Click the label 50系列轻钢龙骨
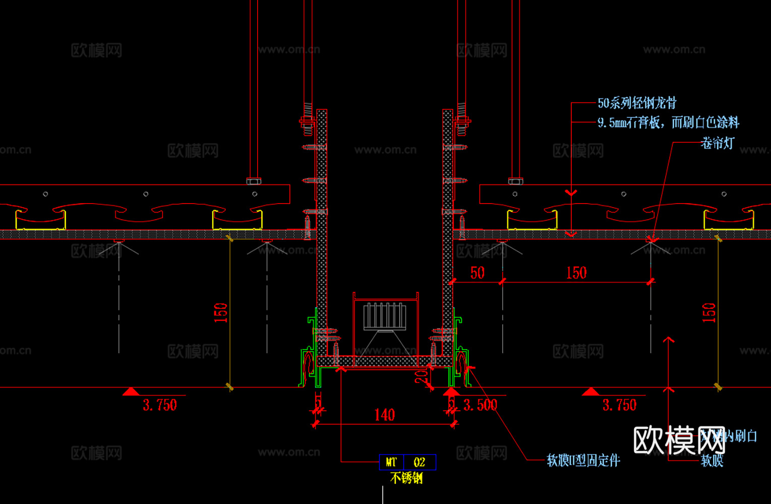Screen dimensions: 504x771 tap(637, 103)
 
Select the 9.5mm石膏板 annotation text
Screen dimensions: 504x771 tap(668, 122)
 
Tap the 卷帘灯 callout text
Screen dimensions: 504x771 tap(717, 143)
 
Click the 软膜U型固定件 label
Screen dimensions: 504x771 tap(583, 460)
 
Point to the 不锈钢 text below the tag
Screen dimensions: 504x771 tap(406, 478)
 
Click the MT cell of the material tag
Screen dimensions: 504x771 tap(391, 462)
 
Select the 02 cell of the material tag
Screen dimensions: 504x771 tap(420, 462)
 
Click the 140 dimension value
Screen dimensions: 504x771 tap(384, 415)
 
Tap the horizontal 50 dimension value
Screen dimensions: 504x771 tap(477, 273)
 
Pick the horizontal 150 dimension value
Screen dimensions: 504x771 tap(576, 273)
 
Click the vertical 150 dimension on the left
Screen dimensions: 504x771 tap(221, 312)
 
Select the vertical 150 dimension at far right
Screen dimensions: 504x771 tap(709, 312)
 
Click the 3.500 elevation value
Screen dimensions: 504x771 tap(480, 405)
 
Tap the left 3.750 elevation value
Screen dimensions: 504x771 tap(160, 405)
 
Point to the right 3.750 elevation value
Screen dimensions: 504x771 tap(619, 405)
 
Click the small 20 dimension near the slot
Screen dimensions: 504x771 tap(421, 374)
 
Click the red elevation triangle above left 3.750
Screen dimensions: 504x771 tap(131, 391)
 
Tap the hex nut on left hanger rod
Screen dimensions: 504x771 tap(254, 180)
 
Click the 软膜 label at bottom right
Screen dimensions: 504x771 tap(712, 460)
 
